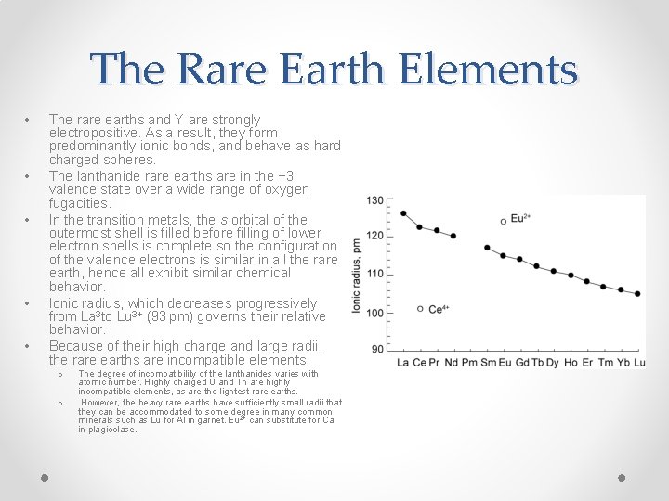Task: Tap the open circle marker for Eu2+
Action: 504,221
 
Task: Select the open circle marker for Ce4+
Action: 420,308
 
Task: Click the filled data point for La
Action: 403,213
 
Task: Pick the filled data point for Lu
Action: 637,293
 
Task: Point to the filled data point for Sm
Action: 488,248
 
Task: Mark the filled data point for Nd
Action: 453,236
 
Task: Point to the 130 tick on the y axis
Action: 374,199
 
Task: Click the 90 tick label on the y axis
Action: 377,349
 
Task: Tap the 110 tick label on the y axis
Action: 374,274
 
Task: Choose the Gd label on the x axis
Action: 522,362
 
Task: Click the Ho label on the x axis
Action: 570,362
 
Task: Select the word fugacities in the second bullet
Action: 79,203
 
